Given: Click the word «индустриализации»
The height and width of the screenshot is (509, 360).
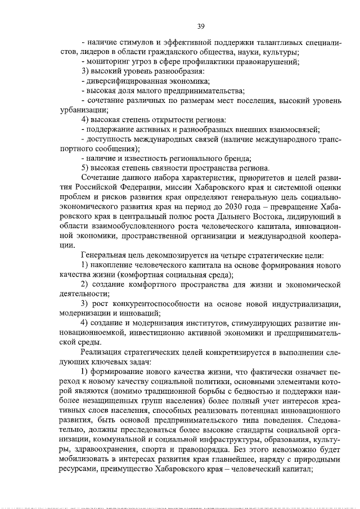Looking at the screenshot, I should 304,304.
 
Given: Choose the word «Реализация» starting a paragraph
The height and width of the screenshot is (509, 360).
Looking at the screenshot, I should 103,353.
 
